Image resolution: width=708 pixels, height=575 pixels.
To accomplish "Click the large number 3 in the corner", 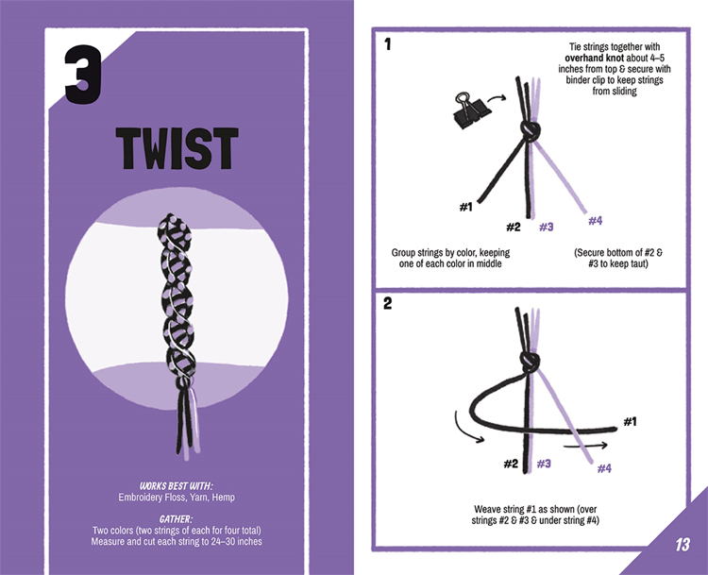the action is pyautogui.click(x=83, y=75).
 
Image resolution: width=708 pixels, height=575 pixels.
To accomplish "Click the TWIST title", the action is pyautogui.click(x=177, y=148).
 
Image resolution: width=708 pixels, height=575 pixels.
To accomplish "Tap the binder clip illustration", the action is pyautogui.click(x=467, y=110).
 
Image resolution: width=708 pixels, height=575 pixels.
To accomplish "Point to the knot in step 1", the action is pyautogui.click(x=531, y=130).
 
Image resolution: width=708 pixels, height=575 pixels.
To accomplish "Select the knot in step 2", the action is pyautogui.click(x=531, y=361).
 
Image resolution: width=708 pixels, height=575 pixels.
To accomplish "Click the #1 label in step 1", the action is pyautogui.click(x=465, y=207).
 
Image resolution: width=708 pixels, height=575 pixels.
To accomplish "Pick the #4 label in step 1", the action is pyautogui.click(x=595, y=220).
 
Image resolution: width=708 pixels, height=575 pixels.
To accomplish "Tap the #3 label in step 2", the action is pyautogui.click(x=544, y=464).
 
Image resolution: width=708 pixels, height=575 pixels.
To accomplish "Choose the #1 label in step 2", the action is pyautogui.click(x=631, y=421).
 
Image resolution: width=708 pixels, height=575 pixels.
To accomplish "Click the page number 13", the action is pyautogui.click(x=683, y=544).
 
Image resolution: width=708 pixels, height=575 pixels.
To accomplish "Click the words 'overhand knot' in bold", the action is pyautogui.click(x=594, y=58).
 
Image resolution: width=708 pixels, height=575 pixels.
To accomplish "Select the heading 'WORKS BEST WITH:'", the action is pyautogui.click(x=177, y=486).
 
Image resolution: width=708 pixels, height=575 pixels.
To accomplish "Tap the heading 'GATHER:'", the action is pyautogui.click(x=177, y=519).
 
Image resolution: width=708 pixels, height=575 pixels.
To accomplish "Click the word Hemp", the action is pyautogui.click(x=224, y=498).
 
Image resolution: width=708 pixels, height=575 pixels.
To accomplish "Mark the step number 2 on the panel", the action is pyautogui.click(x=387, y=303).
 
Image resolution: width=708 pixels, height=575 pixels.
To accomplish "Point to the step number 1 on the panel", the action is pyautogui.click(x=387, y=44).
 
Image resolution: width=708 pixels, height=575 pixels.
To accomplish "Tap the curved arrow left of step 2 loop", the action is pyautogui.click(x=464, y=429).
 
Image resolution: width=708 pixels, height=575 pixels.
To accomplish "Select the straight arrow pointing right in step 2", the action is pyautogui.click(x=585, y=446).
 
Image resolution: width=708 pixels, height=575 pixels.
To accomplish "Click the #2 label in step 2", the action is pyautogui.click(x=511, y=464).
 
